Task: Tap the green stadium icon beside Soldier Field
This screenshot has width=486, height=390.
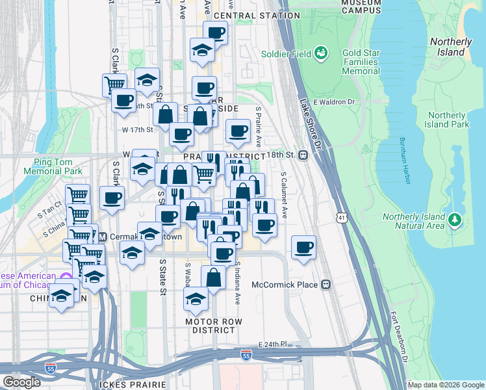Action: [x=320, y=53]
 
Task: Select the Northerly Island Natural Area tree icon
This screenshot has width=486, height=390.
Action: [x=455, y=221]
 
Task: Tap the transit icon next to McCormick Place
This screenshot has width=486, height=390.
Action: [x=326, y=285]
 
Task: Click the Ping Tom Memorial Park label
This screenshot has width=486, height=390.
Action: [x=53, y=166]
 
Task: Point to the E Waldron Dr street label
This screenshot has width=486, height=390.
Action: [x=334, y=101]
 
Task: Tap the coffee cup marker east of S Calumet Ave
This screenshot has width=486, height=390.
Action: [x=304, y=248]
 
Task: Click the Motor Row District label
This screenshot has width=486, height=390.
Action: [x=209, y=326]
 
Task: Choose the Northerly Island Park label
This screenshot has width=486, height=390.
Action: [x=447, y=120]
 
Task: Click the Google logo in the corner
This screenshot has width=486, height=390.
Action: [x=21, y=382]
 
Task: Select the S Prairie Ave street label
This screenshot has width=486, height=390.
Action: [x=258, y=127]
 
